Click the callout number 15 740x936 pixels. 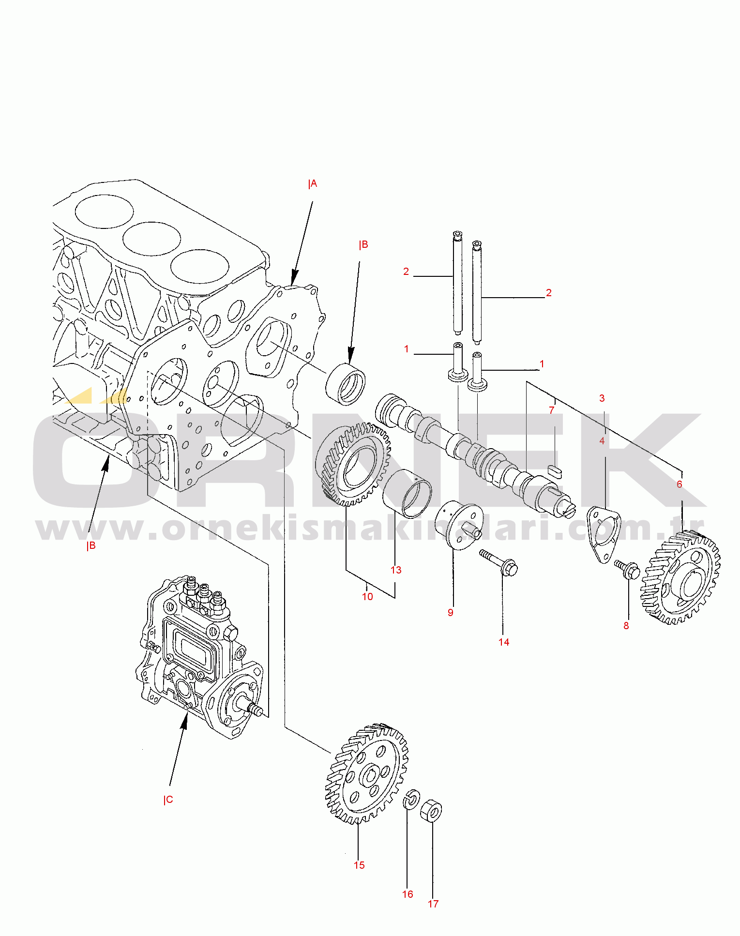[359, 865]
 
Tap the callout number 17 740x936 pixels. [433, 904]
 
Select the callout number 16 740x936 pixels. [408, 894]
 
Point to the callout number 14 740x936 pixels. [504, 642]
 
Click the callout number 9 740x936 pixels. [451, 612]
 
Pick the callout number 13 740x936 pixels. [396, 570]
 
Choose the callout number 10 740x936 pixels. [368, 596]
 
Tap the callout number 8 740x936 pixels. [626, 625]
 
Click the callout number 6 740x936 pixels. [680, 484]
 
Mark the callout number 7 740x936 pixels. [552, 410]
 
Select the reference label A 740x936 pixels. [313, 184]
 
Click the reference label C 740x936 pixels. [168, 800]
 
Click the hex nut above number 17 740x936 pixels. [431, 811]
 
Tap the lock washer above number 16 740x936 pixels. [411, 799]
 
